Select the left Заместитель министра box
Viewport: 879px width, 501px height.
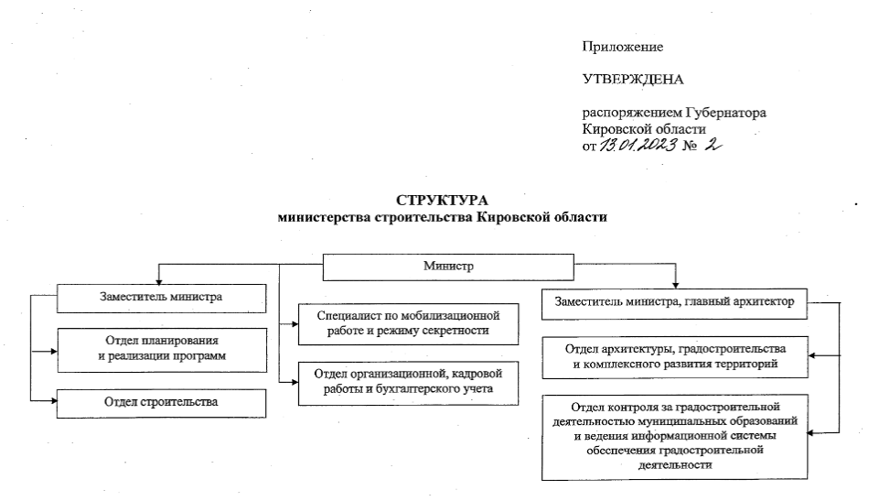(x=161, y=298)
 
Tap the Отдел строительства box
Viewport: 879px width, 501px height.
(x=161, y=402)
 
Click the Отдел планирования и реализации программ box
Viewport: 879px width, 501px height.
(x=161, y=348)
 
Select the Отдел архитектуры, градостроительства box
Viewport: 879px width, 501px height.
(x=676, y=356)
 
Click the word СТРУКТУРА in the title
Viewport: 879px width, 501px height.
(x=442, y=201)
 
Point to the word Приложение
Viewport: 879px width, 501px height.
(x=622, y=46)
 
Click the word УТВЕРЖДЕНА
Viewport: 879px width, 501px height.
(x=633, y=80)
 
